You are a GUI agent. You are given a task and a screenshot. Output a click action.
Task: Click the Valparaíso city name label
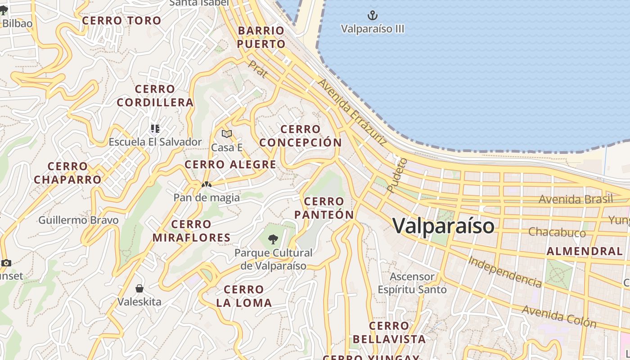point(443,225)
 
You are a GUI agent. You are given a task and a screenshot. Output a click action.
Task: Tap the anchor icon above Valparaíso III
point(373,16)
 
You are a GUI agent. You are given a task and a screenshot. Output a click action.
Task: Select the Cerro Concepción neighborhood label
point(301,136)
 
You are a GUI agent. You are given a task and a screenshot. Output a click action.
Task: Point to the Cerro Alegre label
point(230,165)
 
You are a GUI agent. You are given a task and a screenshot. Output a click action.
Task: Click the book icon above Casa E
point(227,134)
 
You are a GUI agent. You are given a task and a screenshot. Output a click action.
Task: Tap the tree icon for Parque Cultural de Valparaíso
point(273,239)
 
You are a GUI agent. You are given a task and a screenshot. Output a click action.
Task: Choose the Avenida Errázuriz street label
point(352,112)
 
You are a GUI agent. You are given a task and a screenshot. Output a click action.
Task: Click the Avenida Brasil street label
point(576,199)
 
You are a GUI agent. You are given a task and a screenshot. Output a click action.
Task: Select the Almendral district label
point(584,252)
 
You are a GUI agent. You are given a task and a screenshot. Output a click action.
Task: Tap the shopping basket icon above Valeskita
point(139,288)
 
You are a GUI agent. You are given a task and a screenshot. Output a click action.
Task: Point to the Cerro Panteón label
point(324,208)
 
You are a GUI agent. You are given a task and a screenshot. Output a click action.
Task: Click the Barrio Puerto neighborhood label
point(261,37)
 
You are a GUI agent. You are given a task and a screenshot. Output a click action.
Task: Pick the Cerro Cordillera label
point(155,96)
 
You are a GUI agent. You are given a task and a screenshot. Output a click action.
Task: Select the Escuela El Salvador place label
point(155,142)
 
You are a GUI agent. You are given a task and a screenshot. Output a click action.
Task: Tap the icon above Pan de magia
point(207,184)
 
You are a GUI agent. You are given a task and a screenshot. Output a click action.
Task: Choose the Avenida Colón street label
point(559,316)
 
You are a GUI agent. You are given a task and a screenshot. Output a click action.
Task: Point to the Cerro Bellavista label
point(389,333)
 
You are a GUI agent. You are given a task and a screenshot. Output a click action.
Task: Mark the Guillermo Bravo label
point(78,220)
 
